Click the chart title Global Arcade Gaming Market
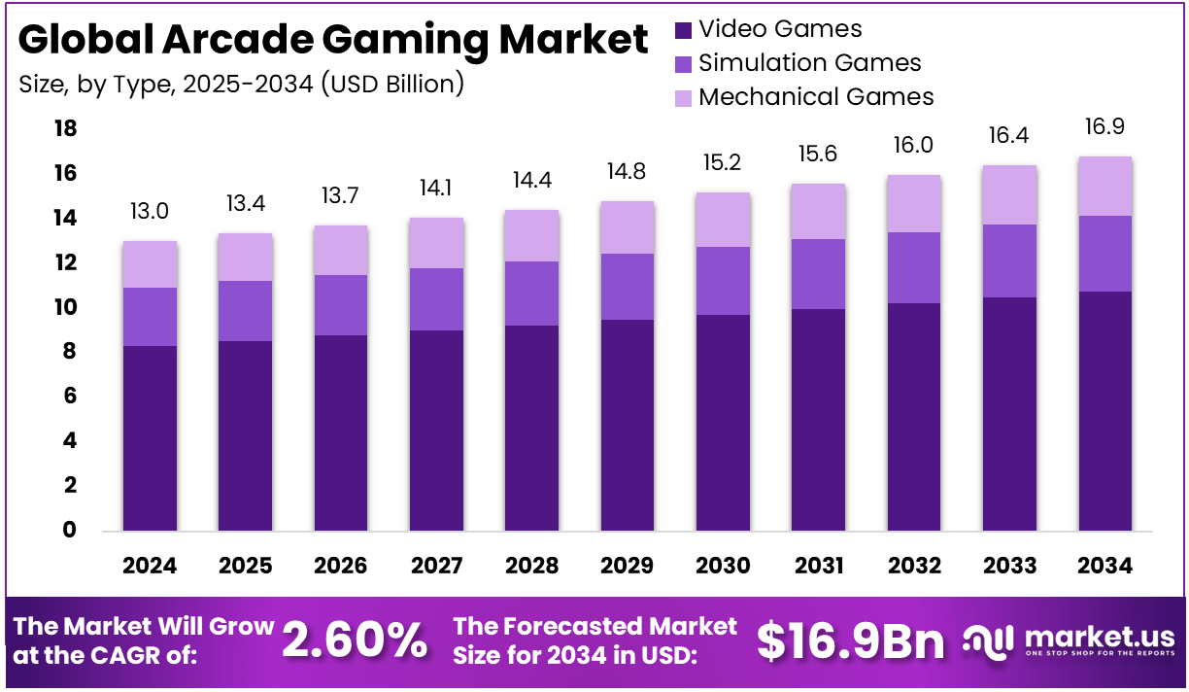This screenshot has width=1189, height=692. (x=333, y=40)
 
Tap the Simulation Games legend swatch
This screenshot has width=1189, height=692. (x=683, y=64)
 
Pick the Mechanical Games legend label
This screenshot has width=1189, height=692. (x=816, y=97)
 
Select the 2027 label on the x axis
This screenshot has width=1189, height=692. (x=436, y=566)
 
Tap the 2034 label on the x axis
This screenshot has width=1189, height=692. (x=1105, y=566)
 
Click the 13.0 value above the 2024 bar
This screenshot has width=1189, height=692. (x=149, y=211)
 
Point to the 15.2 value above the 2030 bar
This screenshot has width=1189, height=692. (x=722, y=162)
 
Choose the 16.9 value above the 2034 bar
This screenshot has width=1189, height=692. (x=1105, y=126)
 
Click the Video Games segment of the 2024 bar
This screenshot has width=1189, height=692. (x=150, y=437)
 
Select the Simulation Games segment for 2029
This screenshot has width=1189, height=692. (x=628, y=287)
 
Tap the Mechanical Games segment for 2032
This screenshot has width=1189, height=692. (x=913, y=203)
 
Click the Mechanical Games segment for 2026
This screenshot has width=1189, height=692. (x=340, y=250)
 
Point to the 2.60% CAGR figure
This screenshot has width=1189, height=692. (x=354, y=640)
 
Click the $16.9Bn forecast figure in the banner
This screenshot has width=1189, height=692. (x=851, y=640)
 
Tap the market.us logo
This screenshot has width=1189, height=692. (x=1069, y=640)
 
